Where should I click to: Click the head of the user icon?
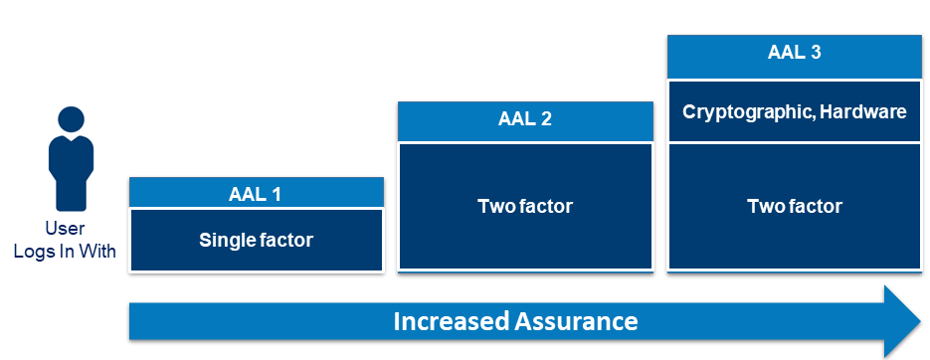click(x=72, y=118)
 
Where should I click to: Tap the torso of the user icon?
click(x=71, y=173)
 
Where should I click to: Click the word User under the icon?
click(x=65, y=229)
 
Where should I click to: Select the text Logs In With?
click(x=65, y=251)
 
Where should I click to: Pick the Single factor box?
click(x=257, y=241)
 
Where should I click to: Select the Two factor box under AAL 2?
click(x=525, y=207)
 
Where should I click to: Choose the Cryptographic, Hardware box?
click(x=794, y=111)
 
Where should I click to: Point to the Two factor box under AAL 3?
click(x=794, y=207)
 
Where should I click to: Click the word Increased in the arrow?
click(x=451, y=321)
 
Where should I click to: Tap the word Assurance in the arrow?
click(x=576, y=321)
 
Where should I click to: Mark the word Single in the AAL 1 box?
click(x=223, y=241)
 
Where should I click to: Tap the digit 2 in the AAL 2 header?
click(x=546, y=118)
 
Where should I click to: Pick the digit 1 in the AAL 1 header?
click(x=276, y=195)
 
